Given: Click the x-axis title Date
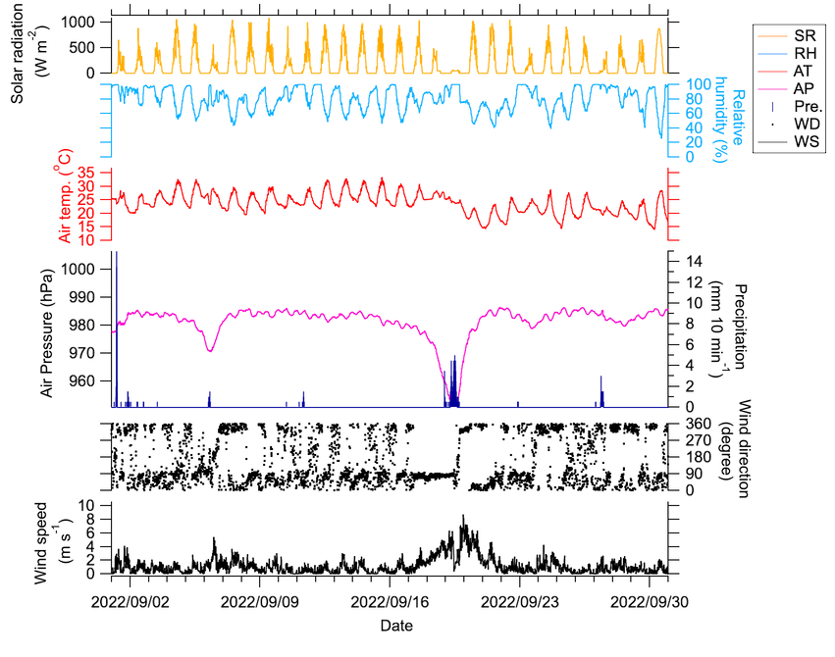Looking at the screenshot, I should coord(396,625).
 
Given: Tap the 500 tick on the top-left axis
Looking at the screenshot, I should coord(81,49).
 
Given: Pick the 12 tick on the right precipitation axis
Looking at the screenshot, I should coord(691,281).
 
